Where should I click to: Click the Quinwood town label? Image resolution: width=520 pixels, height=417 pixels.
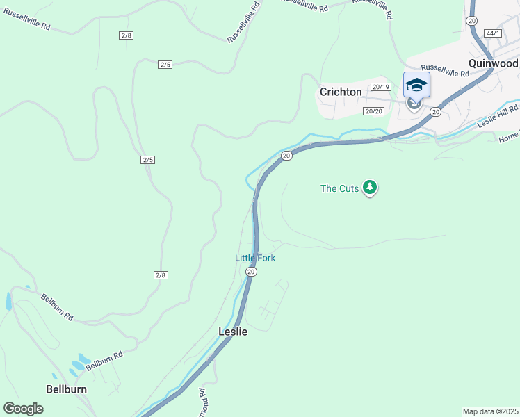493,63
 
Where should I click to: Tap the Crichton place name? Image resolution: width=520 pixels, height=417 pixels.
341,92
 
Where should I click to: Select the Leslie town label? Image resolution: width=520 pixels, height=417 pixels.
233,332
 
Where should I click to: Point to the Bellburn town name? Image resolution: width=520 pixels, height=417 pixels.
67,389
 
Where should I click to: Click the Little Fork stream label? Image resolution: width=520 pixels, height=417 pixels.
255,258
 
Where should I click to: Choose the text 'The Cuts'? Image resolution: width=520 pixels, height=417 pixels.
339,188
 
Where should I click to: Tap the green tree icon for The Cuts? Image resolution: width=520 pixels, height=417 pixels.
370,188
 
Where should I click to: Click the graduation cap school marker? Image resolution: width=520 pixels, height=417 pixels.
416,85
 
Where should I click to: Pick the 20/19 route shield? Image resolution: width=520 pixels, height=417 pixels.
381,87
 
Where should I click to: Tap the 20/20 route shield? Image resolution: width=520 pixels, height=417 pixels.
373,111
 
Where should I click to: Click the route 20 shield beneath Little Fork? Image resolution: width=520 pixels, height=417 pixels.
251,272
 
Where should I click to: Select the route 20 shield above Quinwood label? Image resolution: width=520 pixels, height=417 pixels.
472,21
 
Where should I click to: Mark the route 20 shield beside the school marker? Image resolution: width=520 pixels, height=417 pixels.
436,111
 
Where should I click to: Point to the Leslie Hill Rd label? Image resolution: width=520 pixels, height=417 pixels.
498,117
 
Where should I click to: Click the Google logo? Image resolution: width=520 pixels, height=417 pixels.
23,409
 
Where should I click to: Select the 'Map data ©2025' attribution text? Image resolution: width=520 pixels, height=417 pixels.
490,411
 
